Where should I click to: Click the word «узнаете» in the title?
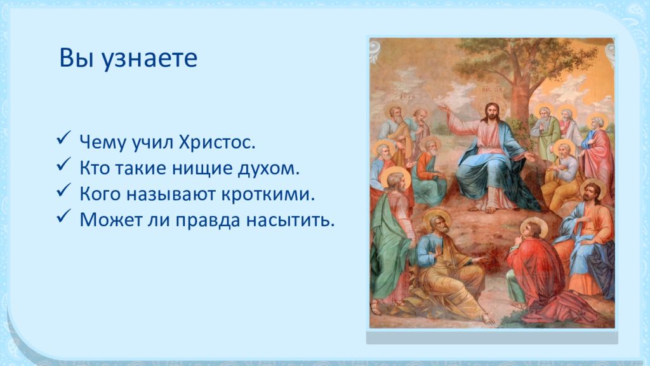point(150,58)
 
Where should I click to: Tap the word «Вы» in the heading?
point(76,57)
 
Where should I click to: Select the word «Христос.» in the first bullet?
point(217,142)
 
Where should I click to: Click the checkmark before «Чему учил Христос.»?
point(63,138)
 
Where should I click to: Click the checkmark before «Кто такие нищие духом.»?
point(63,164)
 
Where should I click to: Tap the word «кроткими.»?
point(268,194)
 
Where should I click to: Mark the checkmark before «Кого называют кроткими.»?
point(63,189)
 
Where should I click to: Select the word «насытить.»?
point(290,220)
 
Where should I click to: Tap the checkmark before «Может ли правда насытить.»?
point(63,216)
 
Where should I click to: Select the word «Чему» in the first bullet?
point(103,142)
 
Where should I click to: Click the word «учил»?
point(152,143)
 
